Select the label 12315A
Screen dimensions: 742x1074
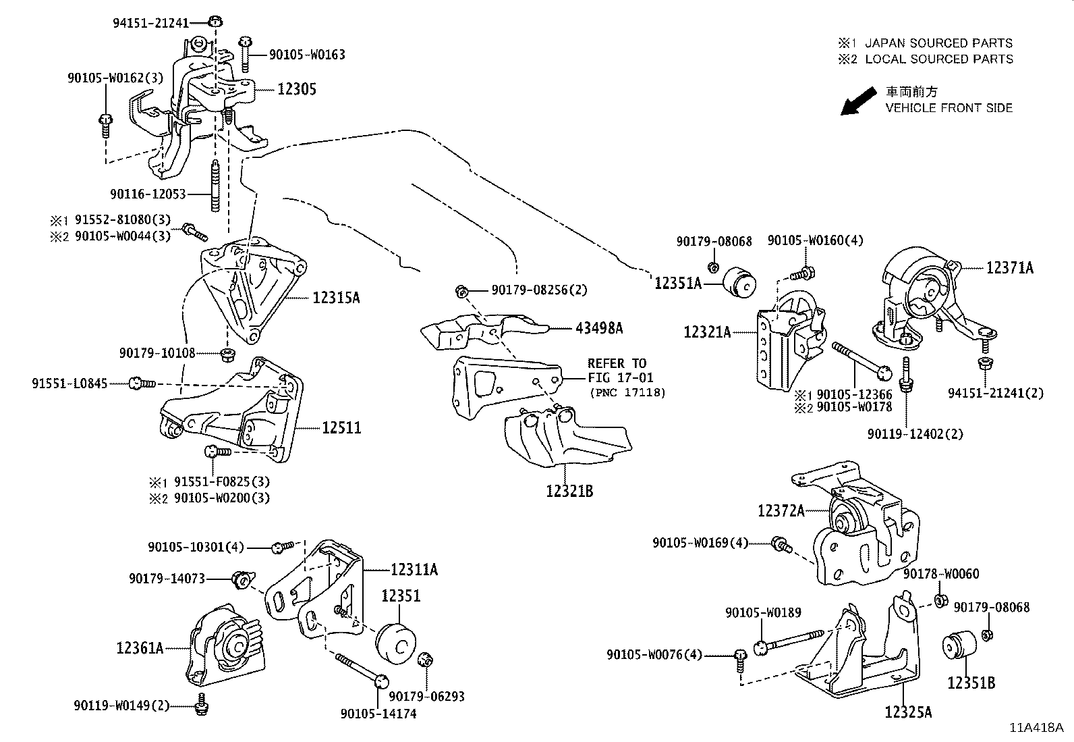(x=335, y=296)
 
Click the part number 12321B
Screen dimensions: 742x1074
(x=570, y=491)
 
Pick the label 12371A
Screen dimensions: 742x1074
(x=1009, y=268)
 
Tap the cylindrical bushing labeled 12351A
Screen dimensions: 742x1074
(x=741, y=283)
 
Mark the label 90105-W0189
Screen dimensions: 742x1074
(x=763, y=612)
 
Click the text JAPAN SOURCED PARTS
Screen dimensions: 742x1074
(x=938, y=43)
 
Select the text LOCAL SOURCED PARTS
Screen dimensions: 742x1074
(x=938, y=59)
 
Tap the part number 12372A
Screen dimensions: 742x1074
(x=781, y=511)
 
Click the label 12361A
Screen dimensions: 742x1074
(x=140, y=648)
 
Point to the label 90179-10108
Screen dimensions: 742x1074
(x=157, y=352)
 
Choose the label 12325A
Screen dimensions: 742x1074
(x=908, y=712)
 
